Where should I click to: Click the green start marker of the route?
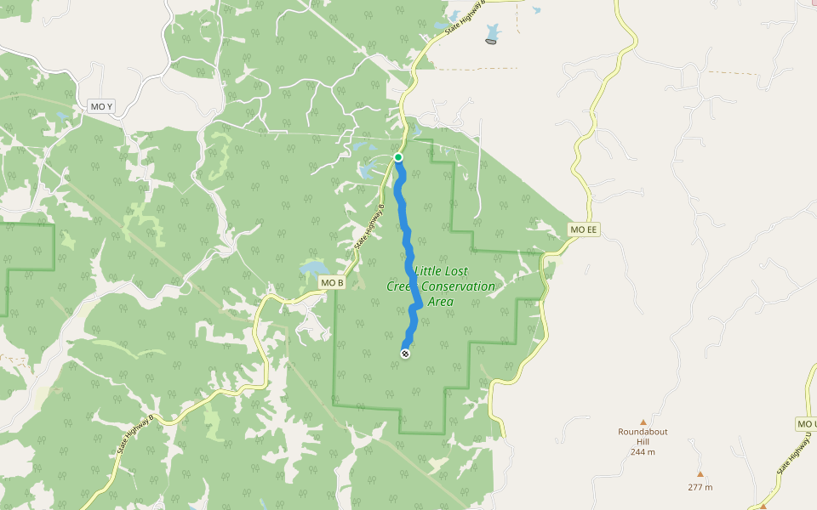click(397, 157)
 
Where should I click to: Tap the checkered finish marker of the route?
click(405, 353)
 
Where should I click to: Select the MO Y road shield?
click(100, 106)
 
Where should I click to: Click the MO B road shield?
click(331, 282)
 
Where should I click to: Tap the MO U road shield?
click(806, 423)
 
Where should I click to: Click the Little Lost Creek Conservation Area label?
click(441, 286)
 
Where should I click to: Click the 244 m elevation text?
click(643, 451)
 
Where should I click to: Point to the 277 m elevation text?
click(700, 487)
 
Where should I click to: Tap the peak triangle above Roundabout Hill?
click(643, 422)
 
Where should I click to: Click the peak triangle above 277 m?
click(700, 474)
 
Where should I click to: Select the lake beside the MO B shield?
click(311, 270)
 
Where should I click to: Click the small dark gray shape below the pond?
click(491, 42)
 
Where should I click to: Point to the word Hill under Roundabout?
click(643, 441)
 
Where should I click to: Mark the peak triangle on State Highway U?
click(763, 506)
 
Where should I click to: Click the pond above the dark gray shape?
click(493, 32)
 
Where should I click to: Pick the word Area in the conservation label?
click(440, 302)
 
